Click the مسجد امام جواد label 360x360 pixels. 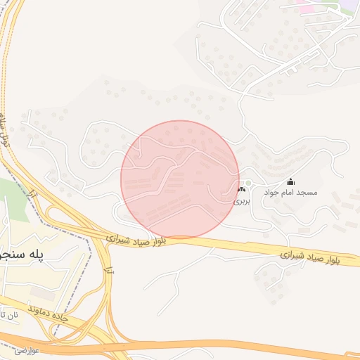pos(290,192)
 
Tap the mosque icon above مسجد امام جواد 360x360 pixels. pos(291,182)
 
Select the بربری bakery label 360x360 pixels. pos(241,200)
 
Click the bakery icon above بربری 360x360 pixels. pos(241,190)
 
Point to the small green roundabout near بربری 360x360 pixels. pos(248,183)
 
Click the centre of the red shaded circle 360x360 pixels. pos(180,179)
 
